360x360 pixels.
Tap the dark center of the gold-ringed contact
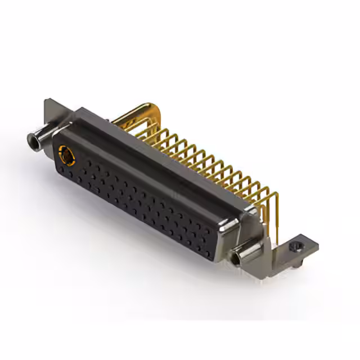click(66, 155)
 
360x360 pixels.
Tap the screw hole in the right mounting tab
click(296, 246)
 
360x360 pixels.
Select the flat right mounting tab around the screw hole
click(304, 247)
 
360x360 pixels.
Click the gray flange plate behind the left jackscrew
click(53, 112)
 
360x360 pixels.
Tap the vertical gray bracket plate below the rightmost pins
click(276, 236)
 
